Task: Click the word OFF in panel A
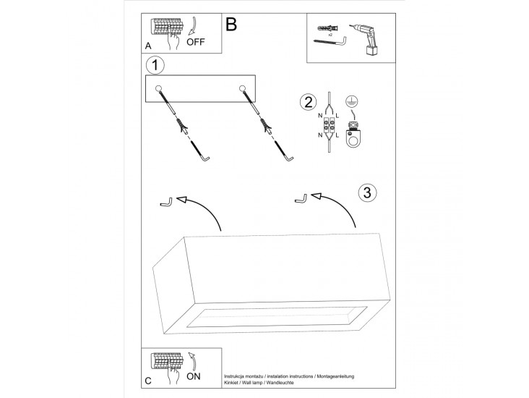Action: tap(196, 41)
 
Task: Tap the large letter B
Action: tap(231, 25)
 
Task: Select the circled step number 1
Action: tap(155, 64)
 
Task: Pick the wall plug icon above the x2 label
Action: tap(324, 27)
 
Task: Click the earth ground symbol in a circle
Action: tap(353, 102)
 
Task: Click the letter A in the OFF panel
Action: tap(148, 46)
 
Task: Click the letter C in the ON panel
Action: tap(148, 380)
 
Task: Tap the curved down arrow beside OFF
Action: tap(192, 27)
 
